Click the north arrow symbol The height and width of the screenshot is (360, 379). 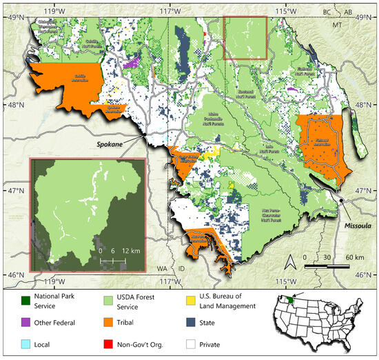click(291, 262)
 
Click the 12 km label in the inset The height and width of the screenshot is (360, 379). click(132, 252)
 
